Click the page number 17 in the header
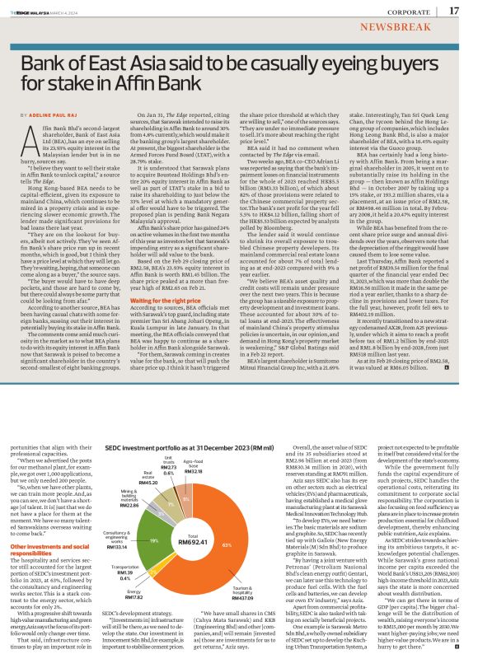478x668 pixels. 454,11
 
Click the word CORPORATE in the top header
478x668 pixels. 405,12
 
